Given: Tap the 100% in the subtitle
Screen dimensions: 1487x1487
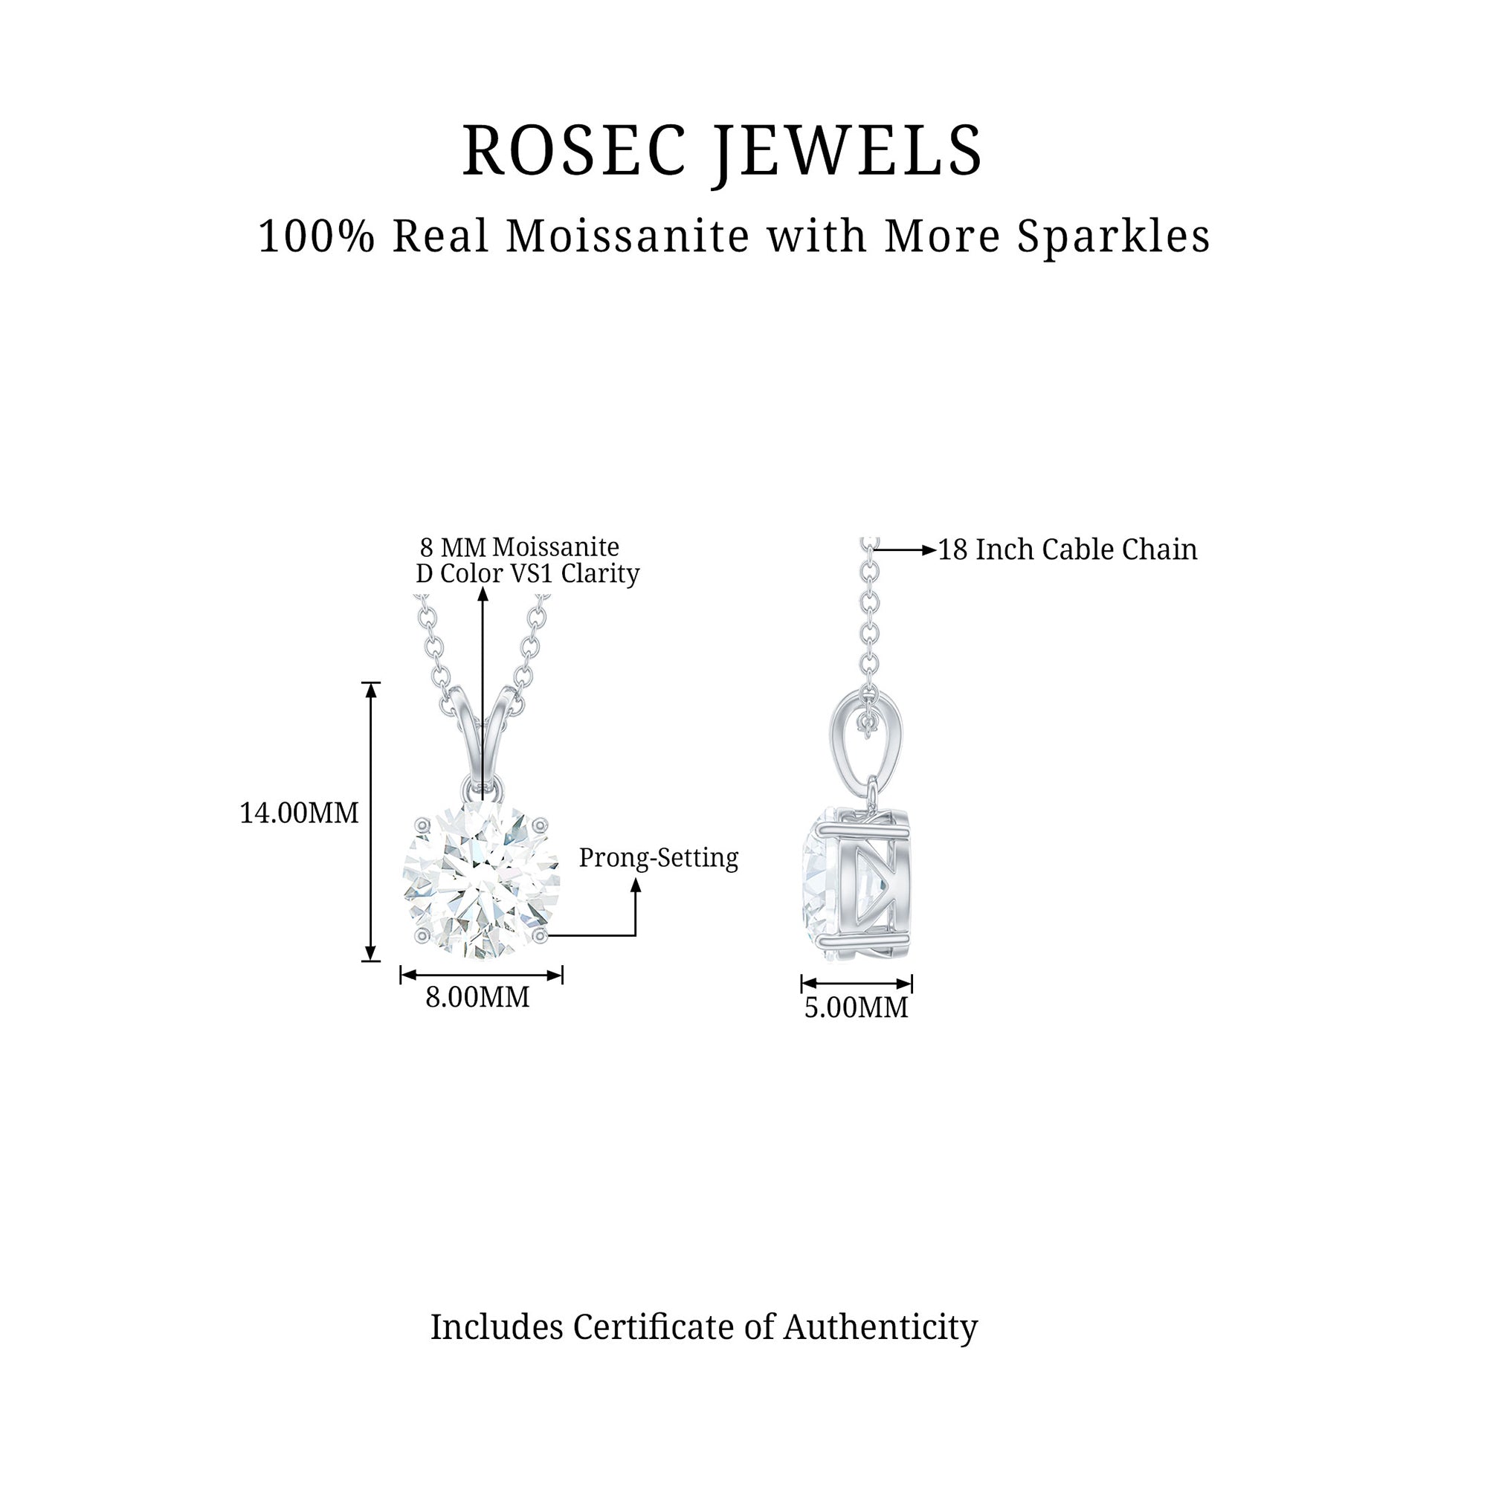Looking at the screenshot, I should tap(315, 236).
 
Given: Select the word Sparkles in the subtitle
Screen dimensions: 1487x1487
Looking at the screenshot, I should tap(1114, 236).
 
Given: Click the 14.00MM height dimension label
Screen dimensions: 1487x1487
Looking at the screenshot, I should tap(299, 813).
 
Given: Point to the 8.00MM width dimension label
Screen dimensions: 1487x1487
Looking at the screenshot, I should tap(477, 997).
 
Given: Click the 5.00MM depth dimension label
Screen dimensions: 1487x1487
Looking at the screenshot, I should tap(856, 1007).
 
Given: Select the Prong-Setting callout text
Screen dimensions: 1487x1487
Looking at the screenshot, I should tap(658, 857).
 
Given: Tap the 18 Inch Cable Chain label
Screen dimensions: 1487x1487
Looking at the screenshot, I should tap(1067, 549).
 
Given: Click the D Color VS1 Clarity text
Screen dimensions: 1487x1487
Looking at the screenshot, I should tap(527, 573).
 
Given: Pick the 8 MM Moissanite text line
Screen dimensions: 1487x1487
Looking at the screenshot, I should tap(520, 547).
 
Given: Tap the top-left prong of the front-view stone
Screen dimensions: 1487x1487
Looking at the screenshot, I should tap(422, 825).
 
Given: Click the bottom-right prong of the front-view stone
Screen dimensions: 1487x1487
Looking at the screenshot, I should tap(541, 935).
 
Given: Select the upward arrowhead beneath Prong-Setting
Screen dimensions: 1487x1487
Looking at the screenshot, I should tap(636, 886).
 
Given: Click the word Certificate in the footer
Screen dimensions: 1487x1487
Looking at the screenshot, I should tap(654, 1327).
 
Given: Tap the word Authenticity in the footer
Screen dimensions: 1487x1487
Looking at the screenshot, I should tap(880, 1327).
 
